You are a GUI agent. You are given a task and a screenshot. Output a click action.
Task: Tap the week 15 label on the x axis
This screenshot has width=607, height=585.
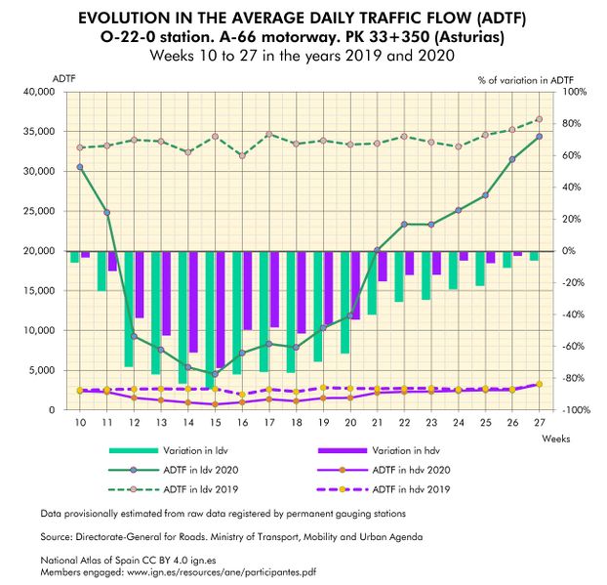215,422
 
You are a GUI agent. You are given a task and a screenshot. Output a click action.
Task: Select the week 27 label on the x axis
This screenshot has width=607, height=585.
539,422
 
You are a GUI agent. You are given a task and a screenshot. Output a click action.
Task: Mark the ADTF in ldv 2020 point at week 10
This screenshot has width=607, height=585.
80,167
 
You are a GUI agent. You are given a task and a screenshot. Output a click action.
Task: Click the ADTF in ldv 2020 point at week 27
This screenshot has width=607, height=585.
539,136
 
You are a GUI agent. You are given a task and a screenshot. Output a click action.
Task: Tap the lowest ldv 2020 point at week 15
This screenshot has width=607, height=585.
215,373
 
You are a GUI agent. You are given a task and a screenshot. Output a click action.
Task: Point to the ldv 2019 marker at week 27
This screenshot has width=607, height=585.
539,120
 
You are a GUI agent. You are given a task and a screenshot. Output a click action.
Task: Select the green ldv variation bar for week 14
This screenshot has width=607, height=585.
182,316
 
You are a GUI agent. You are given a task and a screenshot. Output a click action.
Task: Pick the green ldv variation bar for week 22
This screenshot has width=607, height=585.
398,276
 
